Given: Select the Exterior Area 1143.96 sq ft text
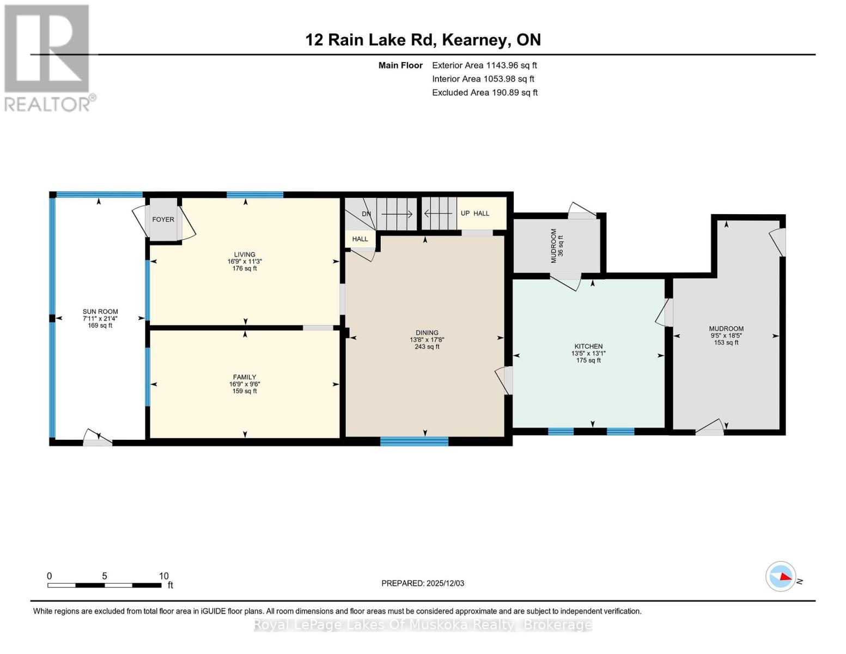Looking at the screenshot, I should (x=484, y=65).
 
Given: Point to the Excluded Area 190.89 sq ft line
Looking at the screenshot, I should (x=484, y=93).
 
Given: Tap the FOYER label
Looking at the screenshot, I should (x=163, y=220).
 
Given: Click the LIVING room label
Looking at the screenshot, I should (x=245, y=255).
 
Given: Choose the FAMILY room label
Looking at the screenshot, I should (x=244, y=377).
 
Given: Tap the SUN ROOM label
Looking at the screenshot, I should (x=100, y=312).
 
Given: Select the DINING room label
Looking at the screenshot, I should (x=427, y=333).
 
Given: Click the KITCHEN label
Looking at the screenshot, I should (x=588, y=347).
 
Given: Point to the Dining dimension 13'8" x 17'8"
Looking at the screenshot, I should (x=427, y=340).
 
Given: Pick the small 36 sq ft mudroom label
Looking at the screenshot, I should (x=561, y=246).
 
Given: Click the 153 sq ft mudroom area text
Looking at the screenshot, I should (x=726, y=343).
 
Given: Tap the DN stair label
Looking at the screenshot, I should (x=367, y=214).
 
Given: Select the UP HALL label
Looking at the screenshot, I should (x=475, y=213).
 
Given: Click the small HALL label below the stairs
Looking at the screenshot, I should (x=360, y=239).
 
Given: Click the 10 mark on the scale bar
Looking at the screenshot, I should (x=163, y=576).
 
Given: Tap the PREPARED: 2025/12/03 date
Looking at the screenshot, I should (x=423, y=583).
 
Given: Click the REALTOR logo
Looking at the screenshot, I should (x=48, y=57).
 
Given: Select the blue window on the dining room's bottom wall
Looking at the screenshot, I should (x=414, y=441).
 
